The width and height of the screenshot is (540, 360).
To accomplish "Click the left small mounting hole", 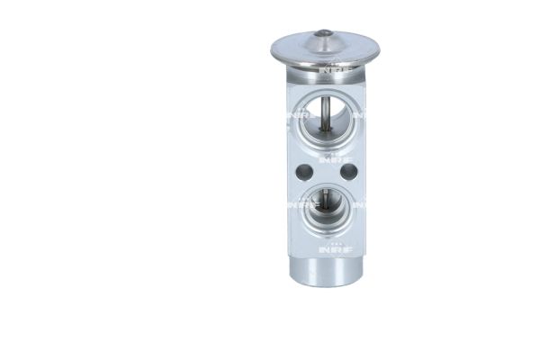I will click(x=303, y=171).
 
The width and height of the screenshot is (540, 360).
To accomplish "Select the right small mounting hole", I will click(x=348, y=171).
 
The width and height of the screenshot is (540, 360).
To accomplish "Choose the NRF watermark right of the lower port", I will click(x=357, y=204).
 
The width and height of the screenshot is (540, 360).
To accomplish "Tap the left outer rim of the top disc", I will click(x=276, y=49).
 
